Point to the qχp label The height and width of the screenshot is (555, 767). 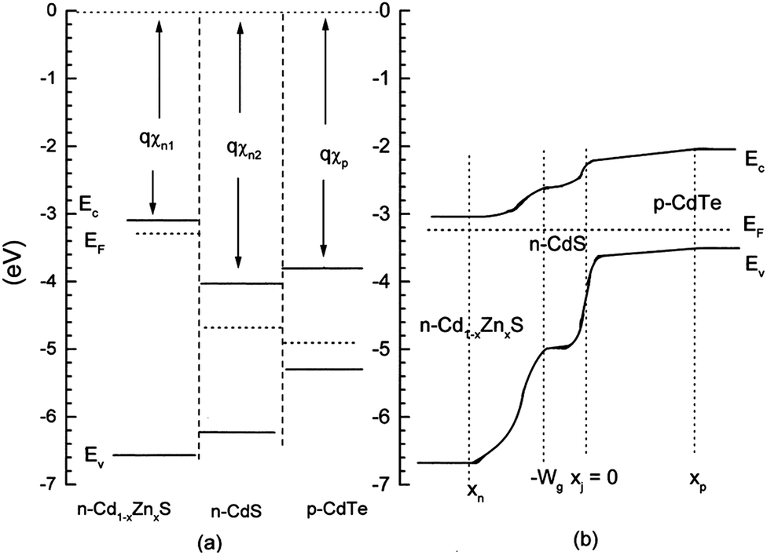point(324,148)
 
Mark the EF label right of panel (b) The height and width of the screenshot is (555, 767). point(752,227)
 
